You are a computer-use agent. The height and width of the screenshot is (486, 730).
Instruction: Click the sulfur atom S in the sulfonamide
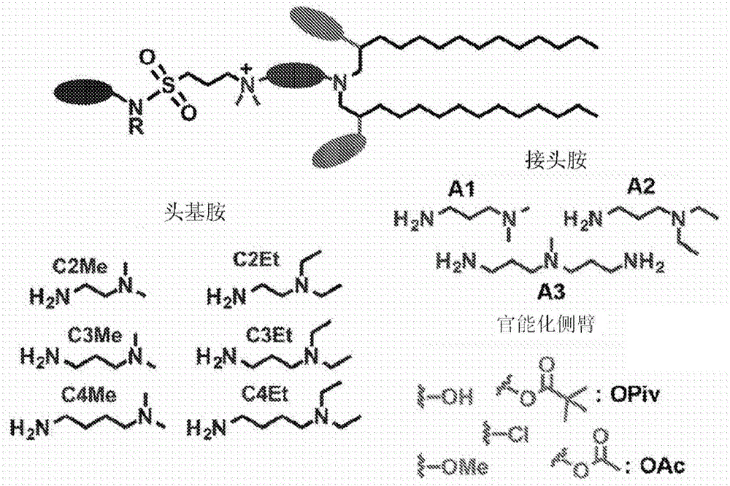(169, 85)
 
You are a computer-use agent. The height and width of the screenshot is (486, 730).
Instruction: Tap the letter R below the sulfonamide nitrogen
(137, 126)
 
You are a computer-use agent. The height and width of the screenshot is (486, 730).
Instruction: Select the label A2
(641, 187)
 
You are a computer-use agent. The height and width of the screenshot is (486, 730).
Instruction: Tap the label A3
(551, 293)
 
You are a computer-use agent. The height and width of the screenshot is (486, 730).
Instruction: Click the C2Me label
(80, 266)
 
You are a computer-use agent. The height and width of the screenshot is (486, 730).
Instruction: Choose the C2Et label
(256, 259)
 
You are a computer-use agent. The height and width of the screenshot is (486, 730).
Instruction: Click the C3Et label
(269, 334)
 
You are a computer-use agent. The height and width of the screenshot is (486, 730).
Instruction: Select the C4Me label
(88, 396)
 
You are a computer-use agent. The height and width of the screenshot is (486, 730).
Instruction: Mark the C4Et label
(264, 395)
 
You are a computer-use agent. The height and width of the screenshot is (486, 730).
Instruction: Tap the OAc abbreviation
(663, 466)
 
